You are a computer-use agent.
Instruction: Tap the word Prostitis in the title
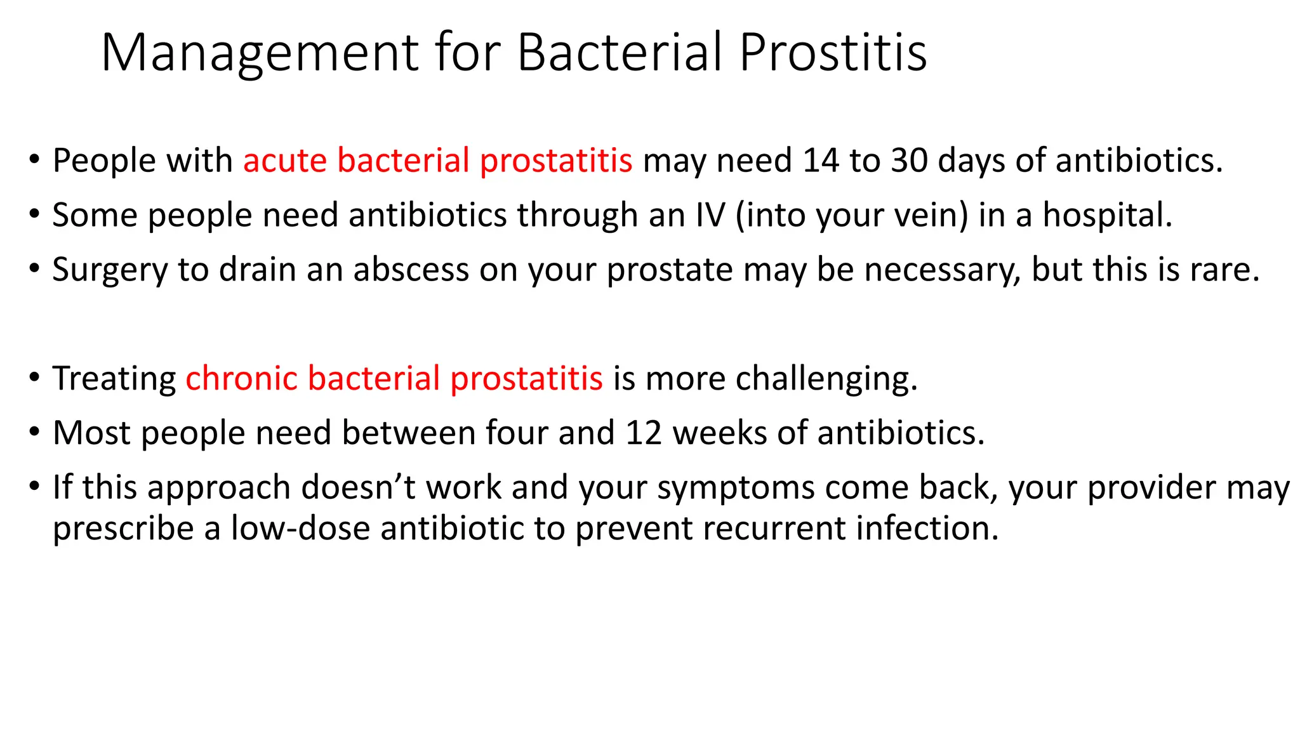[x=833, y=53]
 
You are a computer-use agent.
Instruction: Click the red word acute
[x=285, y=160]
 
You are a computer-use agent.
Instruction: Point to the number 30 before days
[x=909, y=160]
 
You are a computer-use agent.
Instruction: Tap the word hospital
[x=1107, y=214]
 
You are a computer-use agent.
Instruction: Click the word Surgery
[x=110, y=270]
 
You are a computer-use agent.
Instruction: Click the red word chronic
[x=242, y=378]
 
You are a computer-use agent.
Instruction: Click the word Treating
[x=114, y=378]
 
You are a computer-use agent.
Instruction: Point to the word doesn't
[x=357, y=487]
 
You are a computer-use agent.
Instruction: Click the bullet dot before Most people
[x=34, y=433]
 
